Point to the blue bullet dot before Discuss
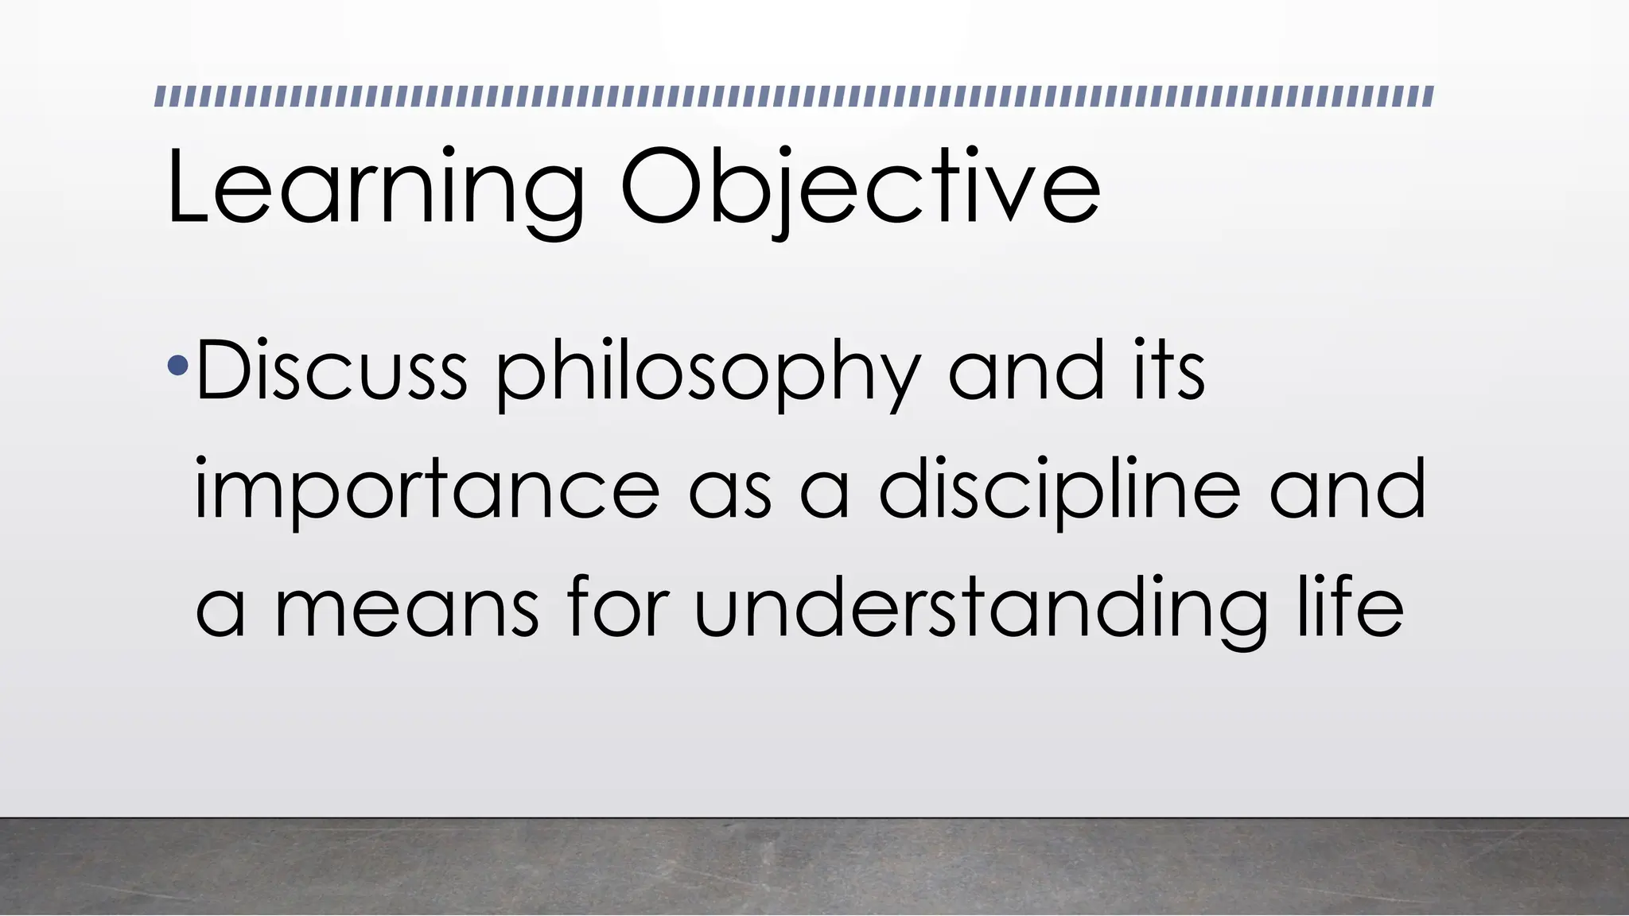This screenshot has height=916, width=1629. click(x=178, y=367)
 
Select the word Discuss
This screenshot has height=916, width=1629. click(x=331, y=371)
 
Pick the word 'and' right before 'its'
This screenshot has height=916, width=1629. click(x=1027, y=369)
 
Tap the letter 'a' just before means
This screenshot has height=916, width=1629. click(x=220, y=612)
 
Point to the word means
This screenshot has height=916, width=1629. click(x=406, y=612)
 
